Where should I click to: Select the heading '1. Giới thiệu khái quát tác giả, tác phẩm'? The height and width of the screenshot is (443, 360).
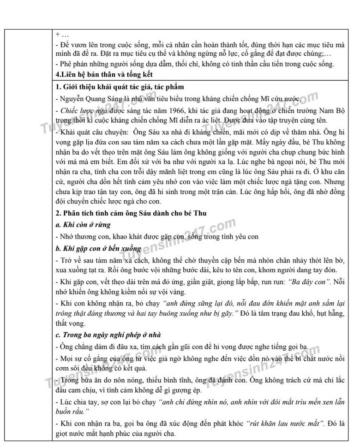pos(120,87)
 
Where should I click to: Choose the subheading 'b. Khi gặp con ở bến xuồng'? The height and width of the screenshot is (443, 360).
pos(96,248)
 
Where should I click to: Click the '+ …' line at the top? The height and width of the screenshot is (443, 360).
pos(61,35)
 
